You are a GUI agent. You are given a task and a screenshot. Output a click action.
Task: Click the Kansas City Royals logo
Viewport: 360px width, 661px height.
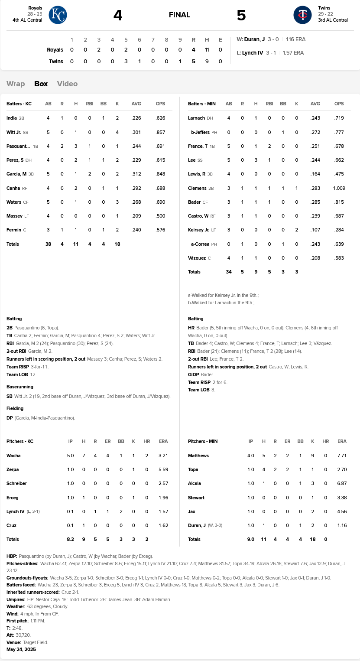click(x=58, y=15)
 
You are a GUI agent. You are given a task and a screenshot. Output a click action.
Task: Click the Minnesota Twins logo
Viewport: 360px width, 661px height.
click(x=302, y=15)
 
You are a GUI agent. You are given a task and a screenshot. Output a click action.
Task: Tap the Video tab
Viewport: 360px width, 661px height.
click(x=67, y=84)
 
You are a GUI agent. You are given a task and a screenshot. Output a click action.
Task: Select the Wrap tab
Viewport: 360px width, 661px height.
click(x=16, y=84)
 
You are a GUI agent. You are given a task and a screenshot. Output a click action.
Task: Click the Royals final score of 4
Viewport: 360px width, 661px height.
click(x=118, y=15)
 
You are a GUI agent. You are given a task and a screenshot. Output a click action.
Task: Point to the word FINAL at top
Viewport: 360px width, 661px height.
click(x=179, y=15)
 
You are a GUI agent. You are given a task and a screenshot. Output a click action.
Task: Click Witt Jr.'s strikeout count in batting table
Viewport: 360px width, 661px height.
click(x=117, y=132)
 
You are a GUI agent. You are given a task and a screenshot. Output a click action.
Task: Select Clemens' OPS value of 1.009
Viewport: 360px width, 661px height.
click(x=339, y=189)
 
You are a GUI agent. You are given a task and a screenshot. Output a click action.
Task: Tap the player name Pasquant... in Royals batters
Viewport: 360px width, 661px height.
click(x=18, y=146)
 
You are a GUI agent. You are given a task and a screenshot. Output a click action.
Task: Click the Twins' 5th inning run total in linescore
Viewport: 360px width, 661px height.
click(x=126, y=61)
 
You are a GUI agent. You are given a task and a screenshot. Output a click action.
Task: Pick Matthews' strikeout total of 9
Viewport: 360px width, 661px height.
click(x=312, y=456)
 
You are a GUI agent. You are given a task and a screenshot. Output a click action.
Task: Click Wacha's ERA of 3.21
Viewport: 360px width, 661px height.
click(x=163, y=456)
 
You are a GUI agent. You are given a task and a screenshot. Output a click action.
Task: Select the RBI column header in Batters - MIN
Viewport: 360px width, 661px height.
click(x=269, y=104)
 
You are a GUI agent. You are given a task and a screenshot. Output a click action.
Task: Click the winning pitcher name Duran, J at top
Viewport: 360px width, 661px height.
click(x=254, y=39)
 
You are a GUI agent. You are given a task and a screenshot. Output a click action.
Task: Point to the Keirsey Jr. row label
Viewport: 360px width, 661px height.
click(x=198, y=230)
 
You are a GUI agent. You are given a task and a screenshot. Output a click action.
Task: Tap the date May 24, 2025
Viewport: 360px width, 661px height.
click(x=21, y=649)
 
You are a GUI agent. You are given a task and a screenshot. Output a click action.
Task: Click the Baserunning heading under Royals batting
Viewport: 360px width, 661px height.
click(x=20, y=387)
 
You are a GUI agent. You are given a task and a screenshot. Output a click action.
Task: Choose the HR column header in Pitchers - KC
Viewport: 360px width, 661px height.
click(x=147, y=441)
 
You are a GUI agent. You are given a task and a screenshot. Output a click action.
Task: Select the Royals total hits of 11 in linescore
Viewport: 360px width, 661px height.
click(x=207, y=50)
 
